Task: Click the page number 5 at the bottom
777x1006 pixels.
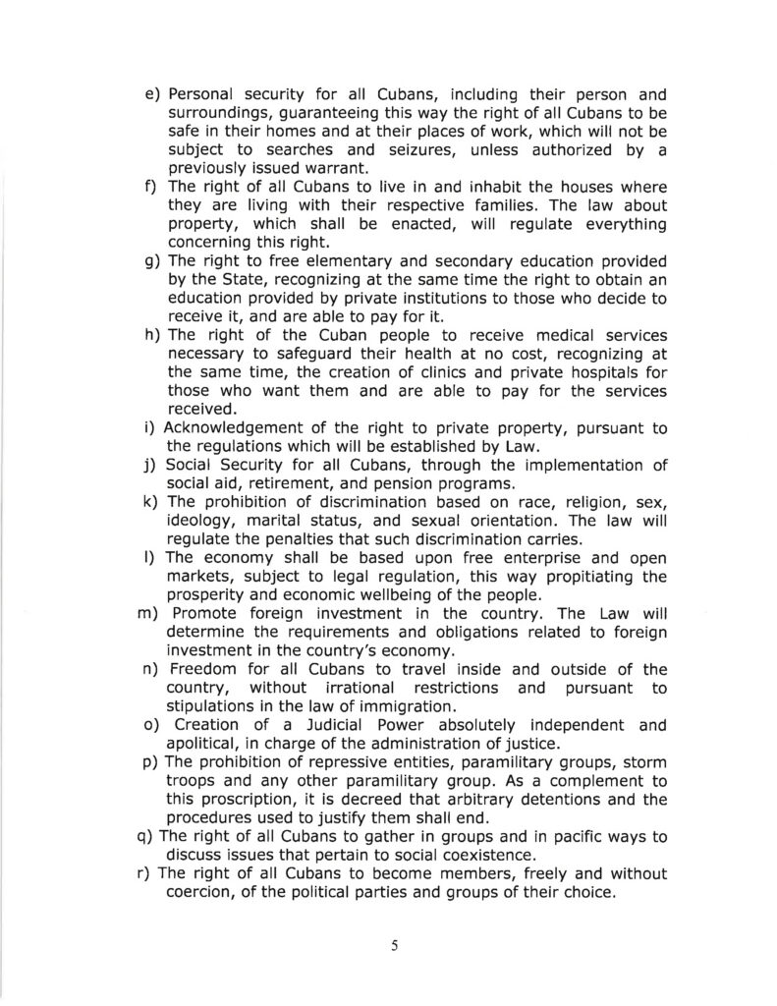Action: coord(393,947)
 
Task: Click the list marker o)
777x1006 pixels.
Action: coord(151,726)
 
